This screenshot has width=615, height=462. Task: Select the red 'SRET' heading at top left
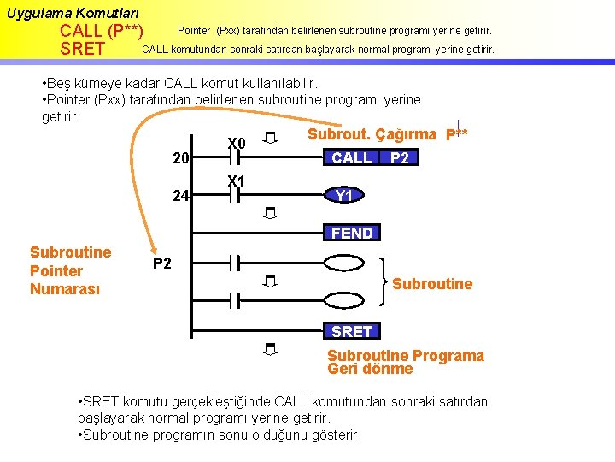(83, 50)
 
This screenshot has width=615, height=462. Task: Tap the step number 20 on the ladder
(180, 158)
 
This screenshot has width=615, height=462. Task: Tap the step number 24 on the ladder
(180, 196)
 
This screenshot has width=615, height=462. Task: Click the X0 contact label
(236, 143)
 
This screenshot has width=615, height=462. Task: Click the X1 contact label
(236, 181)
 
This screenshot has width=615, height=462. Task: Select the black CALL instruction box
(352, 158)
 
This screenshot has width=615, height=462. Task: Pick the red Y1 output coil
(344, 196)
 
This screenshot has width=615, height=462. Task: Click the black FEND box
(352, 233)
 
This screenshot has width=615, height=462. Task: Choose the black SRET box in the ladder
(352, 331)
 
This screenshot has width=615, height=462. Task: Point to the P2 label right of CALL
(399, 158)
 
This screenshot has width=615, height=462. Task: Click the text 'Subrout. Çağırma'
(372, 134)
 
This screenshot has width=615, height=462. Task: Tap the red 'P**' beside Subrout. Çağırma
(456, 135)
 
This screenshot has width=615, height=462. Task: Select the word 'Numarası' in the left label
(65, 289)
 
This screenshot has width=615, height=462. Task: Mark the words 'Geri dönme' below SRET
(370, 370)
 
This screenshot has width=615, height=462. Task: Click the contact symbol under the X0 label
(235, 158)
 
